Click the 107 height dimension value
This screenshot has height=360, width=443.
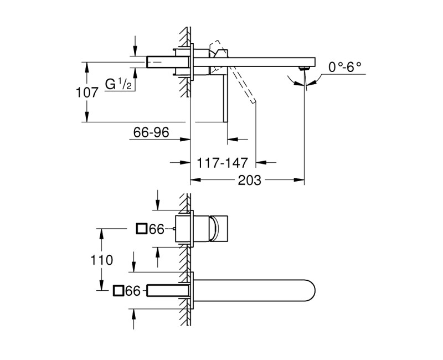[87, 92]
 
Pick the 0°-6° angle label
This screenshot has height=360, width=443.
[344, 67]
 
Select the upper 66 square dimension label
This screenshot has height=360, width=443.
[157, 228]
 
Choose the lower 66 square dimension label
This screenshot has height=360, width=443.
[132, 290]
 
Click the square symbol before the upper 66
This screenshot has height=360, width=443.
[142, 228]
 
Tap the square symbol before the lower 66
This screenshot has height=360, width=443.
[117, 290]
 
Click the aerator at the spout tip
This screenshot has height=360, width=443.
[302, 68]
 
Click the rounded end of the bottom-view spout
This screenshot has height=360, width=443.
[313, 290]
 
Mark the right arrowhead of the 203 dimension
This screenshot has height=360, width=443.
[302, 180]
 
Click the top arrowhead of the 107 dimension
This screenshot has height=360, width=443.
[86, 64]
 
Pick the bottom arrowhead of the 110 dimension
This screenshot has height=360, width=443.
[101, 287]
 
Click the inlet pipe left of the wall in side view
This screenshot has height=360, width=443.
[161, 61]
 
